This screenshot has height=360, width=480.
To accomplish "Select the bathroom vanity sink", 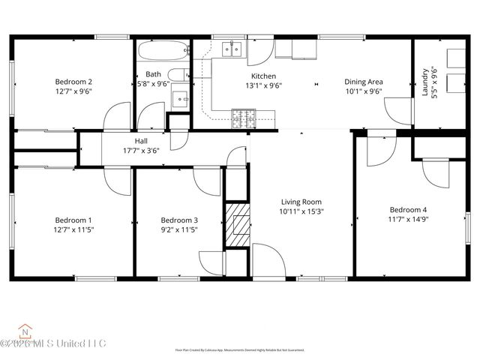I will point(179,98).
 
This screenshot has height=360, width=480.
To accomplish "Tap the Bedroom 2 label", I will point(73,82).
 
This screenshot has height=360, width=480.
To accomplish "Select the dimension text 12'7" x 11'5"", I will point(73,229).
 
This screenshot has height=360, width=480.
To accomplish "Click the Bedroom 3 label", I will point(179,220).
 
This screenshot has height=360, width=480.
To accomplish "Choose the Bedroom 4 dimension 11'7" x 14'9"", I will point(408,219).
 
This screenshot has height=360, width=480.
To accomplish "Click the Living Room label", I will point(301,202).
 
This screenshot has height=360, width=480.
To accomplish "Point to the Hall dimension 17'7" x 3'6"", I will point(142,149).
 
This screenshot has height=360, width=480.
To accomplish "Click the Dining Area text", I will point(364,82).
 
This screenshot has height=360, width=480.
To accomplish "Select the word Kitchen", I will point(263,76).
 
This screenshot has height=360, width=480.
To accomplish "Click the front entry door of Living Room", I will point(268,261).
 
